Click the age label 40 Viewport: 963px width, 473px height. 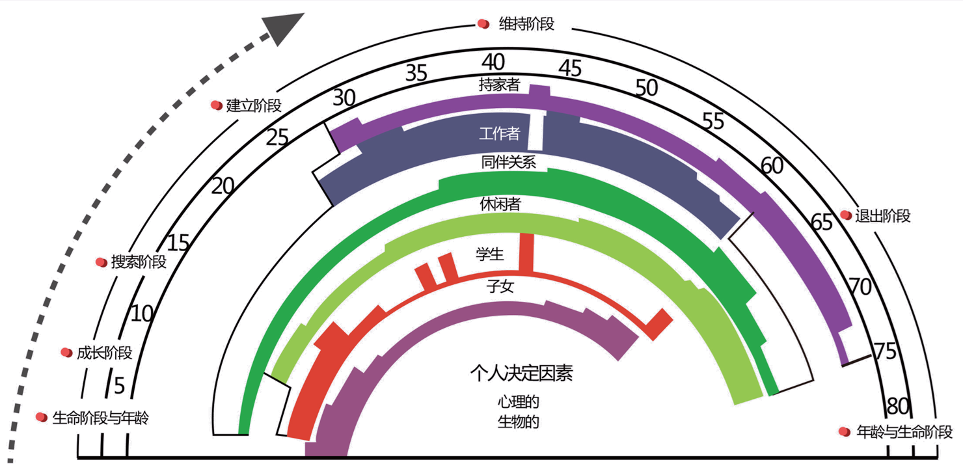click(493, 62)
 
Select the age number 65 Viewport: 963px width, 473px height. click(822, 222)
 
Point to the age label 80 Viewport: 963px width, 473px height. click(898, 405)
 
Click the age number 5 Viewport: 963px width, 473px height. click(119, 386)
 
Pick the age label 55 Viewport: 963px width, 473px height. click(713, 121)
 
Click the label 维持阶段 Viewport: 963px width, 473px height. click(527, 25)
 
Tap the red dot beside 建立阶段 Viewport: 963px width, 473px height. click(216, 105)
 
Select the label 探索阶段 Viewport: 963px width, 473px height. click(139, 262)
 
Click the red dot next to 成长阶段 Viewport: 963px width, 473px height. click(66, 353)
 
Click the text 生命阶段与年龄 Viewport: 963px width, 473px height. click(101, 417)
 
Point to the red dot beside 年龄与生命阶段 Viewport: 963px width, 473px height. click(845, 431)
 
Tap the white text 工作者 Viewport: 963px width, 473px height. click(500, 134)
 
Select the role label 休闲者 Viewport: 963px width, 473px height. click(500, 204)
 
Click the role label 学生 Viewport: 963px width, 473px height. click(490, 256)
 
